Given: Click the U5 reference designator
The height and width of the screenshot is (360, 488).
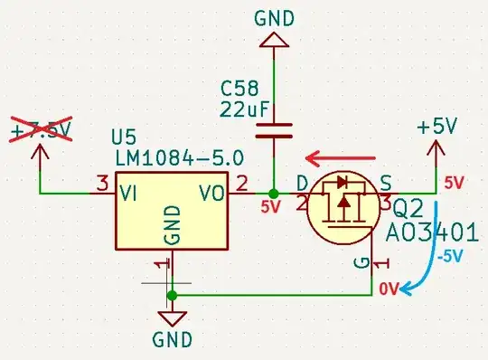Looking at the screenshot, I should (x=127, y=138).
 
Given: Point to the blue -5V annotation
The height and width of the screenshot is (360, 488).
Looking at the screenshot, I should (x=451, y=256).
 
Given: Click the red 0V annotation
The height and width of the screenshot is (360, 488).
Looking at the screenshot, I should (x=389, y=289).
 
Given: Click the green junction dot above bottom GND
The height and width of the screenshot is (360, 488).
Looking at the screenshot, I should (x=173, y=295).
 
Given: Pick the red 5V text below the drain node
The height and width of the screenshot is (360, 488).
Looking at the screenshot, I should (x=271, y=207).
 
